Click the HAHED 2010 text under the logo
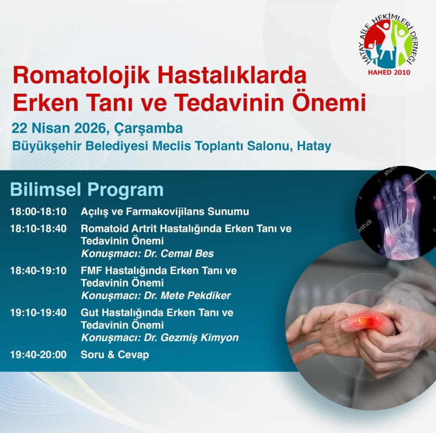(389, 72)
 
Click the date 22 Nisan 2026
(59, 128)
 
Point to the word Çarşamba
(149, 129)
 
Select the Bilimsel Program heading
(87, 190)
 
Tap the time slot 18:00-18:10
(38, 212)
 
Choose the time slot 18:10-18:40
(38, 229)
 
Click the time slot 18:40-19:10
(38, 271)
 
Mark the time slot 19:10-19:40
(38, 313)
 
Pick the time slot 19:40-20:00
(38, 355)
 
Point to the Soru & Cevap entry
(115, 355)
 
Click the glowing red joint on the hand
(364, 321)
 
